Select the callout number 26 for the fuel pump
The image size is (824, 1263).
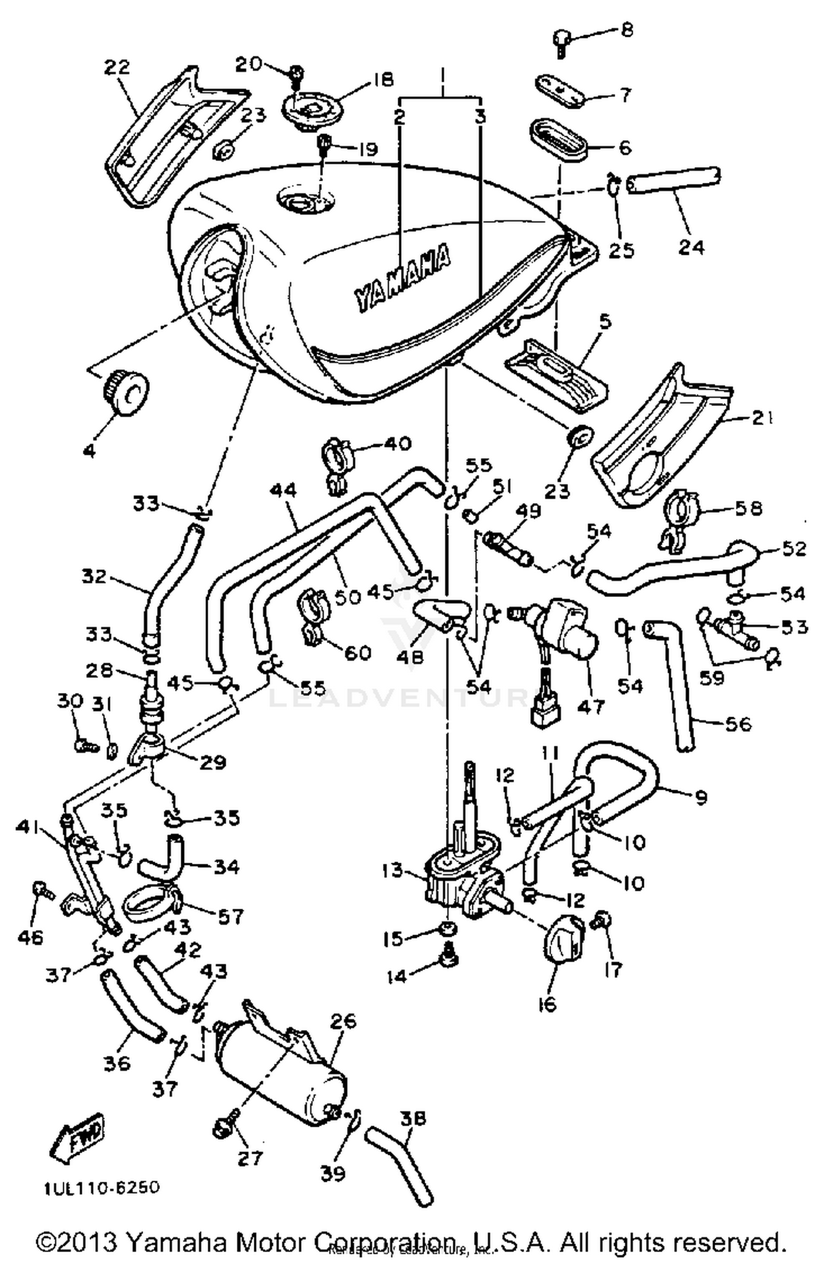click(x=344, y=1020)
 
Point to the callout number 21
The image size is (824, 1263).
click(x=763, y=419)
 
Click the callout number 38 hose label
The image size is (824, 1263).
click(x=413, y=1119)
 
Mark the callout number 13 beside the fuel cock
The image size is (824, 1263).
click(x=393, y=870)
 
